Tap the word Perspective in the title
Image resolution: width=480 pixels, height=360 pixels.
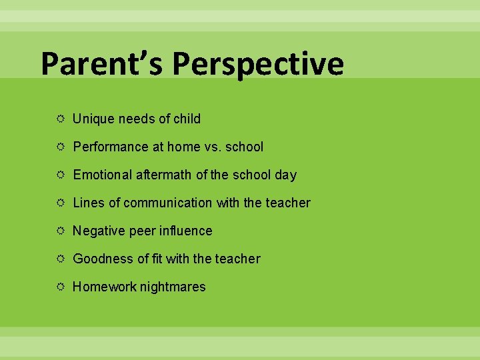(258, 64)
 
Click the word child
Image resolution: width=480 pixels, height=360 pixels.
(187, 119)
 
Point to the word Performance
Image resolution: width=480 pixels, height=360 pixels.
(109, 147)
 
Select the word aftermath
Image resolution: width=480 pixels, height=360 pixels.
(163, 175)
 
